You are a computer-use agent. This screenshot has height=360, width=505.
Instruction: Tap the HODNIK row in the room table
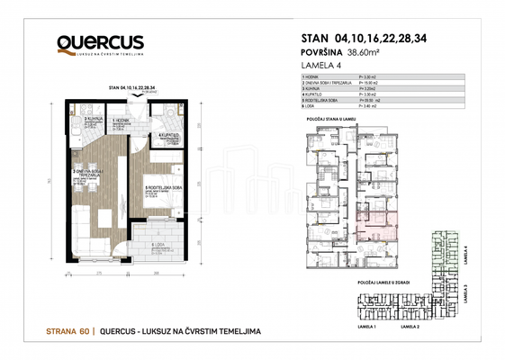click(314, 78)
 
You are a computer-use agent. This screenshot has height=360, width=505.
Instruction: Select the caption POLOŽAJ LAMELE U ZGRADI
click(377, 282)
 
